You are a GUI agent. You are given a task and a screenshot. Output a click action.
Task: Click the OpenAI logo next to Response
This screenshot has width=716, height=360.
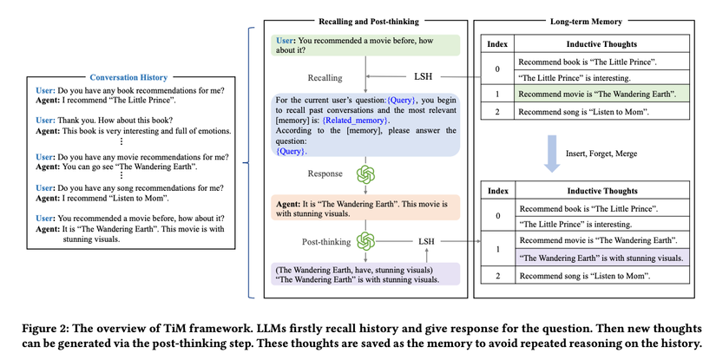click(365, 173)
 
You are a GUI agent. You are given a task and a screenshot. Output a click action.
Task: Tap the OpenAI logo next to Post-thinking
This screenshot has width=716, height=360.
click(365, 240)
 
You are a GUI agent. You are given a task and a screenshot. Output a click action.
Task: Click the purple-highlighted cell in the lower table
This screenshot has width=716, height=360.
click(600, 258)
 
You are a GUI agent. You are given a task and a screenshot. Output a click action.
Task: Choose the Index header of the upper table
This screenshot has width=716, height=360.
click(496, 43)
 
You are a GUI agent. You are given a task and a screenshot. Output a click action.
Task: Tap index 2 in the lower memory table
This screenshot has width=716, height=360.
click(496, 275)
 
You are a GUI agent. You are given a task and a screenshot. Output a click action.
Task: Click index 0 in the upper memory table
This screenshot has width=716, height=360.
click(496, 69)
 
